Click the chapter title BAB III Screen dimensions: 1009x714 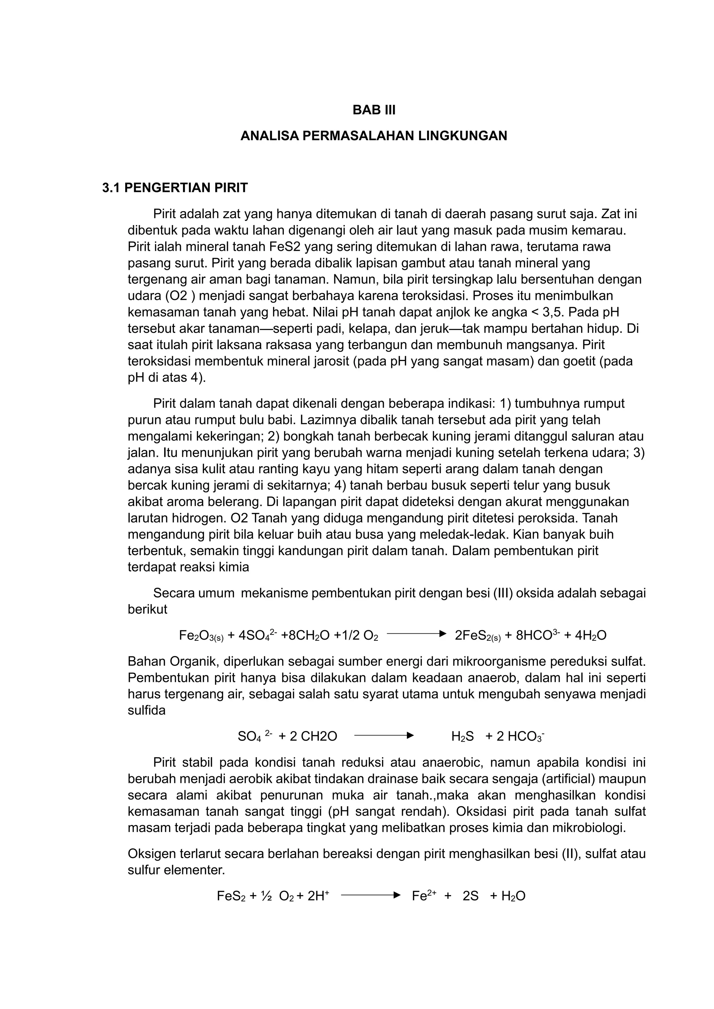374,110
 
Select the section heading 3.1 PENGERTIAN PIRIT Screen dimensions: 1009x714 175,188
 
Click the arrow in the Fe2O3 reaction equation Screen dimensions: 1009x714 416,634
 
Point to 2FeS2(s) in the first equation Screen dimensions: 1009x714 478,636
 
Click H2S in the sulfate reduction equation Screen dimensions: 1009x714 463,737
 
